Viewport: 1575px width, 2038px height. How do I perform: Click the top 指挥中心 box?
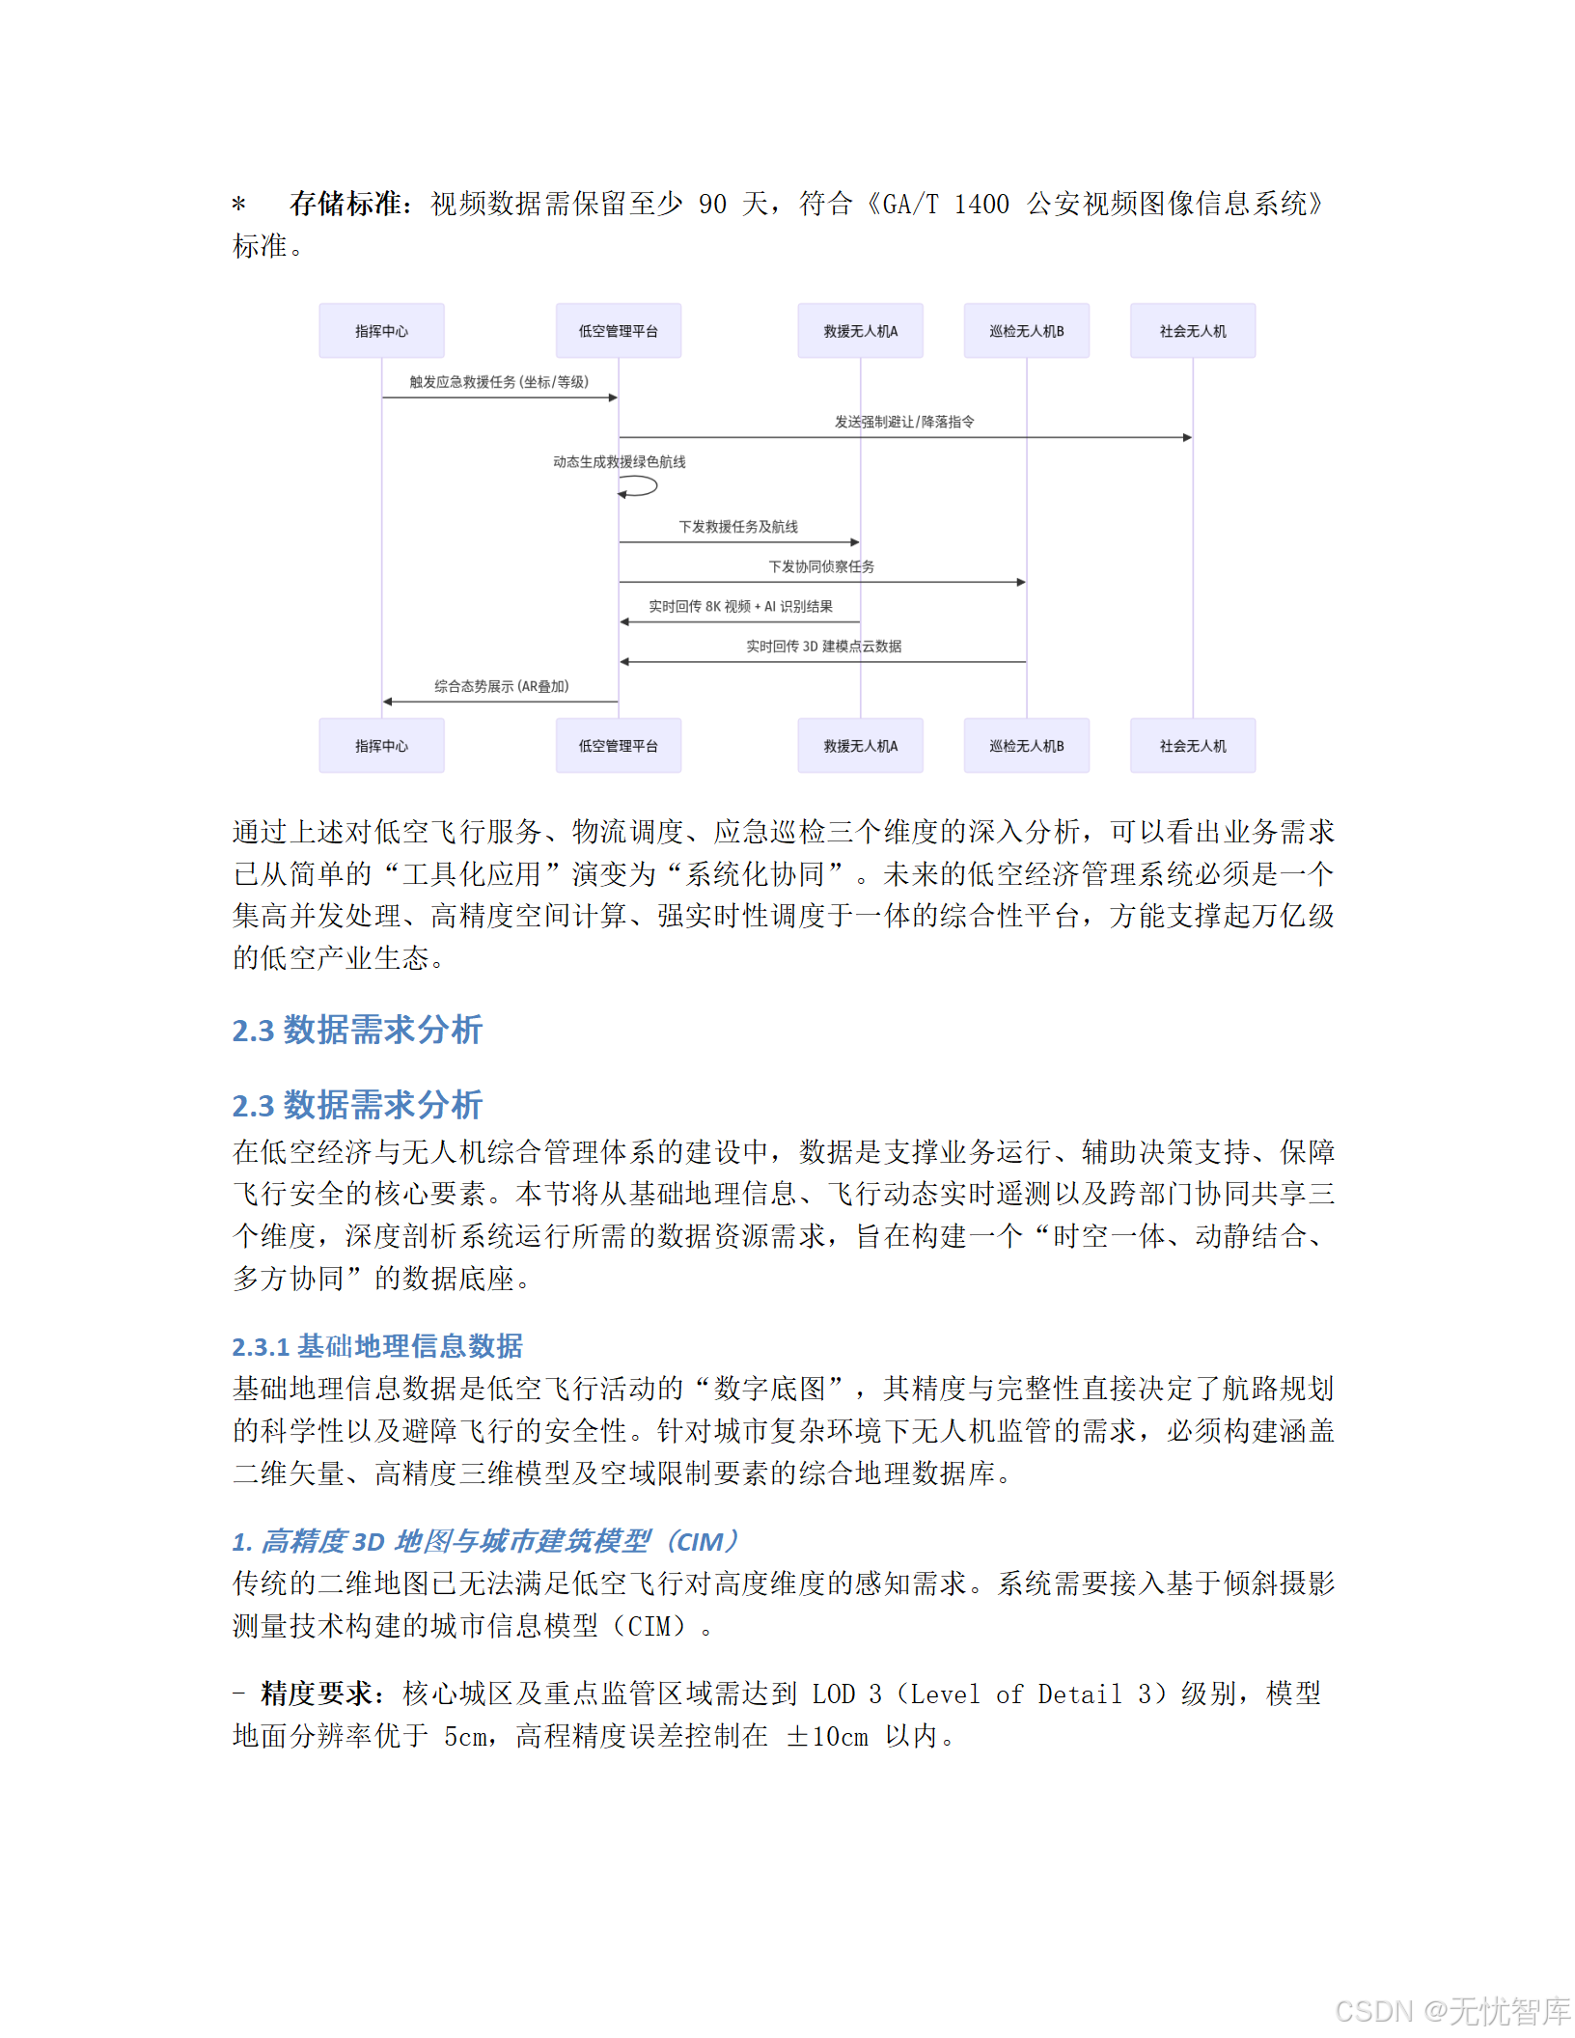point(381,331)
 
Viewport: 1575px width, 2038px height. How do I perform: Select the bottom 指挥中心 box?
point(381,746)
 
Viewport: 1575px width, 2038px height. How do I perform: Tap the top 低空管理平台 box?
point(618,331)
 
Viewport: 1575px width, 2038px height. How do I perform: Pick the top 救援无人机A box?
point(860,331)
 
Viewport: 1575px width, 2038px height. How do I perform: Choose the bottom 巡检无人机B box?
point(1026,746)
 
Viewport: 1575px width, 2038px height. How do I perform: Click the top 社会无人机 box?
point(1193,331)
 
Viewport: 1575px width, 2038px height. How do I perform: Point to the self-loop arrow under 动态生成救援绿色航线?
point(639,487)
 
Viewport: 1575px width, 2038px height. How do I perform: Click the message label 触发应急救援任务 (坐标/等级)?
point(499,382)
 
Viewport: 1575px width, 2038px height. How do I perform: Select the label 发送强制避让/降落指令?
point(904,422)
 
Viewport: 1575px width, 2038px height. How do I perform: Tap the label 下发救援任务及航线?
point(738,527)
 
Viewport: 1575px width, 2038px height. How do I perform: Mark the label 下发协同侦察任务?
point(821,566)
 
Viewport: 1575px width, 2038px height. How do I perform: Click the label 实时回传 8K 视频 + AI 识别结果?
point(740,606)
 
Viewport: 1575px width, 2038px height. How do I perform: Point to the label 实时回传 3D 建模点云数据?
point(823,647)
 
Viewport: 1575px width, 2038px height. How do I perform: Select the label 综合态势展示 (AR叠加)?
point(501,686)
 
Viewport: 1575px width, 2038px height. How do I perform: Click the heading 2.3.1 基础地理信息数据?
point(377,1346)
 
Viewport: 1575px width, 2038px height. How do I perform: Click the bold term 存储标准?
point(345,204)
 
